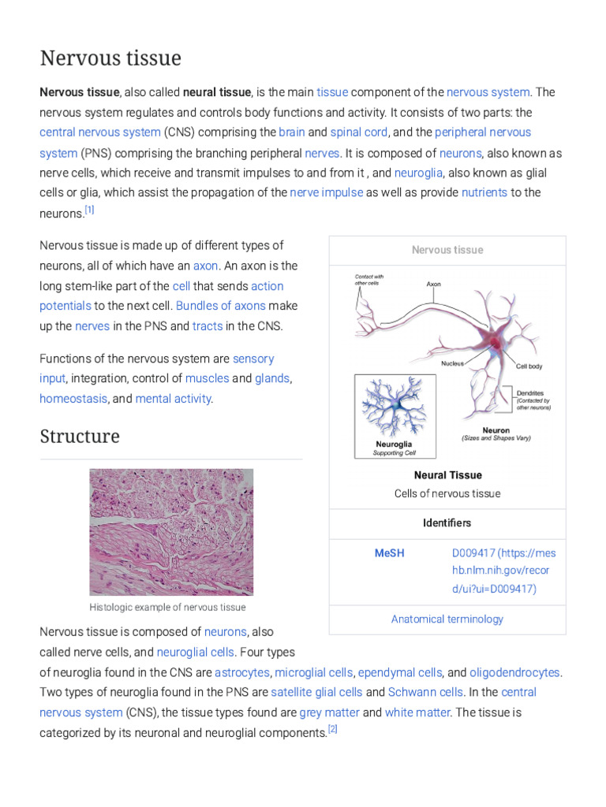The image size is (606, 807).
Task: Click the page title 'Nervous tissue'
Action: [x=110, y=58]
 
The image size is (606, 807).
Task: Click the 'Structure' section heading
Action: [x=80, y=437]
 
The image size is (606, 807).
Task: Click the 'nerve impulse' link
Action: [x=327, y=192]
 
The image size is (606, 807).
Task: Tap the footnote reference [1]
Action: [x=89, y=210]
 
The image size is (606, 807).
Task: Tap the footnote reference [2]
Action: [x=332, y=730]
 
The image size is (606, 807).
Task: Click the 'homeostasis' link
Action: [x=73, y=399]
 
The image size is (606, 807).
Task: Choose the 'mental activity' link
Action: [x=173, y=399]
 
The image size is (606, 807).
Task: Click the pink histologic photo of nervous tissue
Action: [x=171, y=532]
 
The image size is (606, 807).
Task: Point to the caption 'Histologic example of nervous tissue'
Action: [x=167, y=608]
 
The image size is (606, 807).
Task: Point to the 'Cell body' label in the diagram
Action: [x=529, y=366]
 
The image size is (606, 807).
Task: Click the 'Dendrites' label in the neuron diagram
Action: [x=529, y=393]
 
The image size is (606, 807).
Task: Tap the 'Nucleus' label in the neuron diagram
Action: [x=452, y=363]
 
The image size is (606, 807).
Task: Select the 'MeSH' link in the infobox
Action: [x=389, y=553]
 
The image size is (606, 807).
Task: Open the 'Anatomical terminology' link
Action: [x=447, y=619]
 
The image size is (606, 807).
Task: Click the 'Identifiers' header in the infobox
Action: [x=447, y=523]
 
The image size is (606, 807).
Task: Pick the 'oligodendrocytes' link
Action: [x=514, y=672]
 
